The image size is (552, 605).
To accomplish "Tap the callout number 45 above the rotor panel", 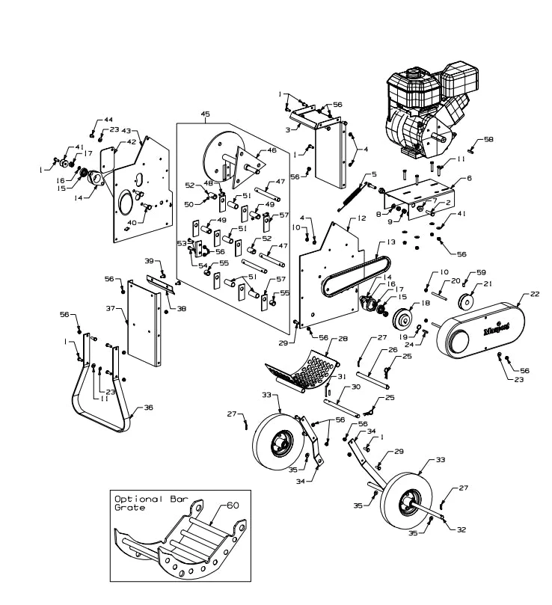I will pos(205,114).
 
